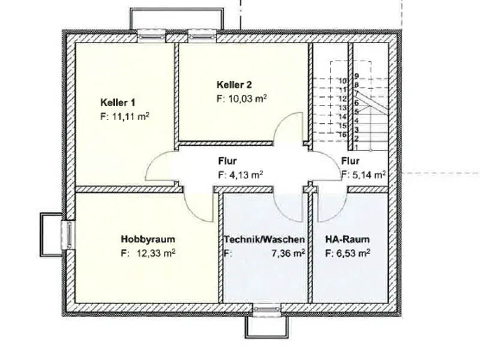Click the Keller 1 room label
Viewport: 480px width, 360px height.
[x=118, y=102]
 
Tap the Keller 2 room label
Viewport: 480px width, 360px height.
[x=234, y=85]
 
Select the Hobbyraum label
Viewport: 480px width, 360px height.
[x=148, y=239]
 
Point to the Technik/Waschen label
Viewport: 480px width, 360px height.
[x=264, y=239]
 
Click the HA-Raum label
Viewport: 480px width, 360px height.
[x=347, y=239]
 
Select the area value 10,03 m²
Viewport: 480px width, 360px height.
[x=248, y=99]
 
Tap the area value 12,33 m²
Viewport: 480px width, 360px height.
[x=156, y=253]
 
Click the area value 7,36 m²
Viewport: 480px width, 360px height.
[x=288, y=253]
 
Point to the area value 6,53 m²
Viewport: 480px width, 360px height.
[x=352, y=253]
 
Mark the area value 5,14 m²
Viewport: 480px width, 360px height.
[x=368, y=175]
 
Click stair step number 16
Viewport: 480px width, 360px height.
[x=342, y=134]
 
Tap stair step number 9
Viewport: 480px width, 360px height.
[x=356, y=76]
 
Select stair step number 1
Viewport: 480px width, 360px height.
[x=356, y=147]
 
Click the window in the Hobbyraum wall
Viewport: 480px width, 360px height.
[x=69, y=235]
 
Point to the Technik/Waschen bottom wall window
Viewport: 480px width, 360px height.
[x=266, y=310]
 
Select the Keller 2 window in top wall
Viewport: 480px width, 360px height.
[x=202, y=36]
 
